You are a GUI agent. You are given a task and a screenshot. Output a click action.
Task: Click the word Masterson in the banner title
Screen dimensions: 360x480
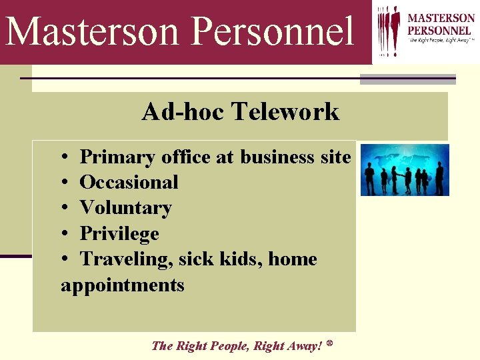(x=93, y=31)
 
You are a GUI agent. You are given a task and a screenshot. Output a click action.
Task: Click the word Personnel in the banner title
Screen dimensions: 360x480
(x=273, y=31)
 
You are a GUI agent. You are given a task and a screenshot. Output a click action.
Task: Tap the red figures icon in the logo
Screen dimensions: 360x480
(x=389, y=30)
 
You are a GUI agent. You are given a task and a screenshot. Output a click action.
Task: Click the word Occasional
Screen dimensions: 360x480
(x=129, y=182)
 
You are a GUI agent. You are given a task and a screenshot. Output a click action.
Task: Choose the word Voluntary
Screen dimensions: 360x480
(x=125, y=208)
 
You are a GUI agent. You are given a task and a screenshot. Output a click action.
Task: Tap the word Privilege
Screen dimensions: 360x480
(x=119, y=233)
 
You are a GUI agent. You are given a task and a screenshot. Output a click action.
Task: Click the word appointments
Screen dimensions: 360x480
(x=122, y=285)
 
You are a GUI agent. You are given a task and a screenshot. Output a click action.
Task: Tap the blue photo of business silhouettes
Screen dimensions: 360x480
(x=405, y=169)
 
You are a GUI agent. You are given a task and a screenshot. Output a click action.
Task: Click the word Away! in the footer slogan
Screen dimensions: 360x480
(x=305, y=345)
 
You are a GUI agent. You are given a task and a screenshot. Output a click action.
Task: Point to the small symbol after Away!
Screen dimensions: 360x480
(x=330, y=344)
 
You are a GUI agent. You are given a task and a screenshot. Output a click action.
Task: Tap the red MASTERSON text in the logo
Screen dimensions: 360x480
(x=441, y=18)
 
